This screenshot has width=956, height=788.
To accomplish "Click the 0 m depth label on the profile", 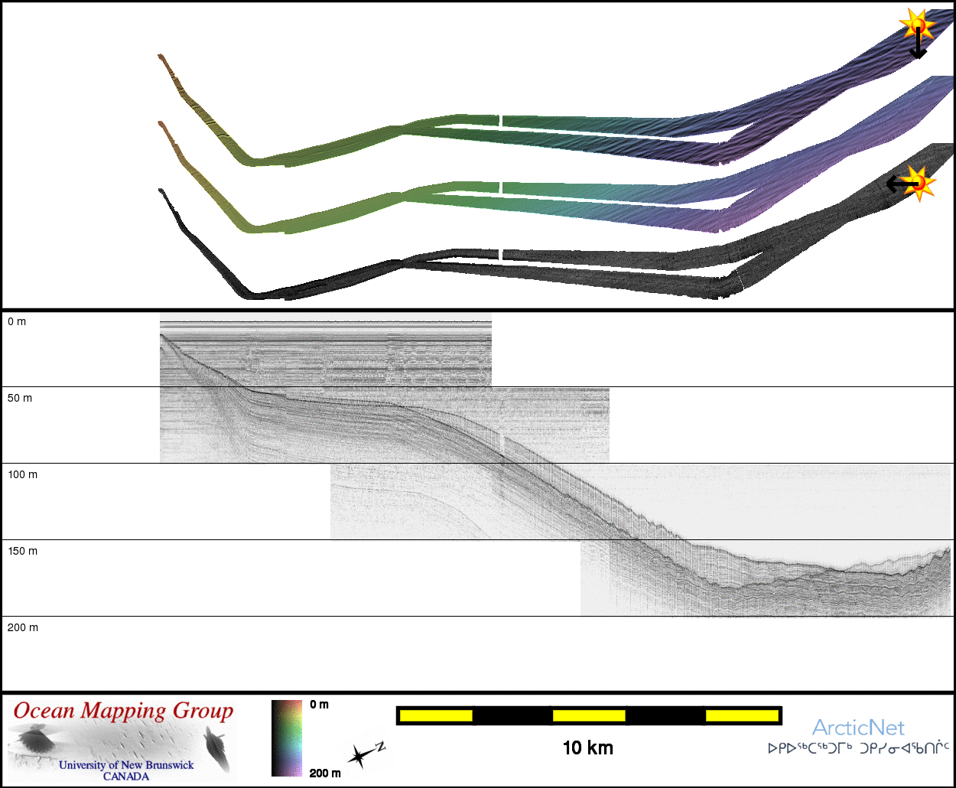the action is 17,321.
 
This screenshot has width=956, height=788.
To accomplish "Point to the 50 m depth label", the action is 20,398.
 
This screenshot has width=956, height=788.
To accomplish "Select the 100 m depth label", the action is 22,474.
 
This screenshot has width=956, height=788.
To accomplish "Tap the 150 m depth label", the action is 22,551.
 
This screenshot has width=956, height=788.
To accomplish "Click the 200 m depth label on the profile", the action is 22,627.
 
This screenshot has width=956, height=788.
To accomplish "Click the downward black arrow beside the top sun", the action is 918,43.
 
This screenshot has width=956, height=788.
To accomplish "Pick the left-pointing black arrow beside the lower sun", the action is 902,184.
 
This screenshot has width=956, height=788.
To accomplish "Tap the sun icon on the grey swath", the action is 919,184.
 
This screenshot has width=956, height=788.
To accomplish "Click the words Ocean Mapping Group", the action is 123,711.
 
